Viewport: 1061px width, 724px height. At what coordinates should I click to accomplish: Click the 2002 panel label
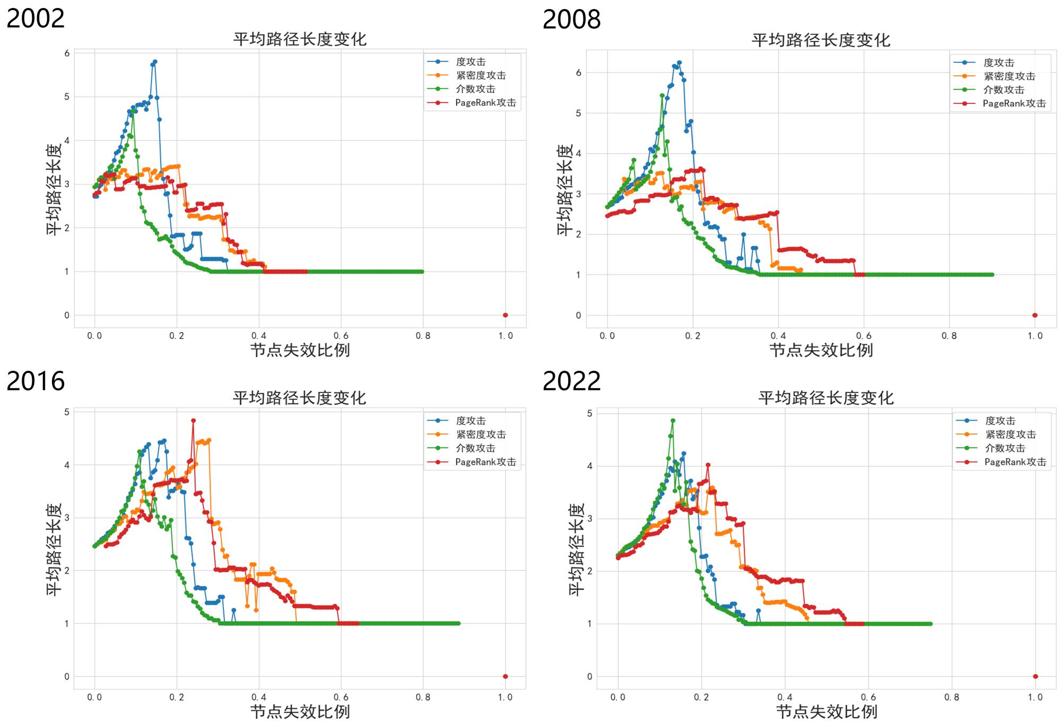(36, 19)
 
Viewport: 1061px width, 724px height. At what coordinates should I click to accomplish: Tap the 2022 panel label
(571, 381)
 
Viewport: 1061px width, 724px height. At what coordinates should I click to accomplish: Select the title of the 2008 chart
(820, 40)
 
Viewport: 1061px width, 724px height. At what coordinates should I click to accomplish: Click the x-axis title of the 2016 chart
(300, 712)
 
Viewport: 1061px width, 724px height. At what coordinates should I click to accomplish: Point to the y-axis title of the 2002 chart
(54, 189)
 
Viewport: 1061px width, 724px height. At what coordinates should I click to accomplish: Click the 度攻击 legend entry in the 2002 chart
(471, 62)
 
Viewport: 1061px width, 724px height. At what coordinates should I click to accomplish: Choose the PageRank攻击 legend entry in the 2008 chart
(1014, 103)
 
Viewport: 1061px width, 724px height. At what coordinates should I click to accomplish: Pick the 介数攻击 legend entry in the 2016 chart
(475, 448)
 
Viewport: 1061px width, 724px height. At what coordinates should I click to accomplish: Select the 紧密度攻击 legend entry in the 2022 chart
(1010, 434)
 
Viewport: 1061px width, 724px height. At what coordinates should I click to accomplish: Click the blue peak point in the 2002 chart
(155, 62)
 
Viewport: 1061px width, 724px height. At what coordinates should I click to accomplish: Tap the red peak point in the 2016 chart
(193, 421)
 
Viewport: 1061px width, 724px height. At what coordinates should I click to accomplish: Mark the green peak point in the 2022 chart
(673, 421)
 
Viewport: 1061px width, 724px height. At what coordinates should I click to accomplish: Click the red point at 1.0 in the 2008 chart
(1034, 315)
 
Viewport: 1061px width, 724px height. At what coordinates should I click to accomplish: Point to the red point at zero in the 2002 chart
(505, 315)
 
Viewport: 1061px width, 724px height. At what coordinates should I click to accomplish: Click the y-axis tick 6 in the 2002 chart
(67, 53)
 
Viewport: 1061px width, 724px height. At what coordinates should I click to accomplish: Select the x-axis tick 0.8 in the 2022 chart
(951, 697)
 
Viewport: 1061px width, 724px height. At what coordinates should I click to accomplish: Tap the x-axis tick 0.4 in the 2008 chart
(778, 336)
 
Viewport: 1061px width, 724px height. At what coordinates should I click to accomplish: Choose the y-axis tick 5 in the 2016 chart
(67, 412)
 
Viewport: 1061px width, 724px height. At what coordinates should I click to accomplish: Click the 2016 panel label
(36, 381)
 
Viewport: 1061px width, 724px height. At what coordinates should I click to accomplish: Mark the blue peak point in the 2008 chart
(679, 63)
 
